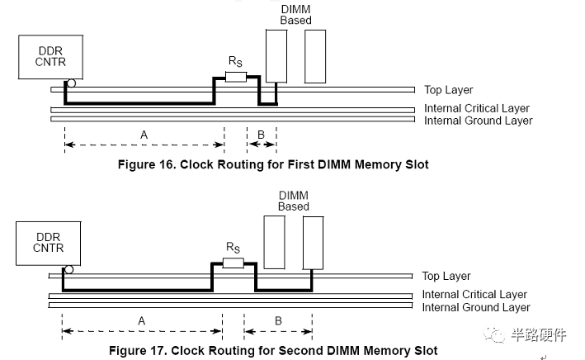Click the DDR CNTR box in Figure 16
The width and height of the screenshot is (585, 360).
click(x=50, y=56)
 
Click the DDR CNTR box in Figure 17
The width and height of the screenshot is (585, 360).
click(x=49, y=242)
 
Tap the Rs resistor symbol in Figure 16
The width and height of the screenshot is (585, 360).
click(x=236, y=77)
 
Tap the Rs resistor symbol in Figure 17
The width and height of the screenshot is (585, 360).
click(x=233, y=263)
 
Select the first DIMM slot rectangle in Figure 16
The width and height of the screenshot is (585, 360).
click(x=276, y=55)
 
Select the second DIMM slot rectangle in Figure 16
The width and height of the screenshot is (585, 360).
click(x=315, y=55)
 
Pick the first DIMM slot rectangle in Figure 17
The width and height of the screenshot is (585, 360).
click(x=275, y=241)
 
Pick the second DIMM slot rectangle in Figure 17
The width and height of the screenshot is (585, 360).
click(x=314, y=241)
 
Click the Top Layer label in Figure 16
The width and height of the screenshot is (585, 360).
click(x=448, y=90)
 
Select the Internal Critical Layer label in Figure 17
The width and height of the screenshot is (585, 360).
click(x=474, y=294)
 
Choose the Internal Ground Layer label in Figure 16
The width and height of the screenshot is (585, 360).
click(x=478, y=121)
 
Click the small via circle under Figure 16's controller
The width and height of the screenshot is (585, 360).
click(x=72, y=83)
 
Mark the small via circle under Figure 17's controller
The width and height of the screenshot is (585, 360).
click(x=69, y=269)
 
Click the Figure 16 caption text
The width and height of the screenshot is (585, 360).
click(x=273, y=164)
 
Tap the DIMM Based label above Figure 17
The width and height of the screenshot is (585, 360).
click(x=293, y=201)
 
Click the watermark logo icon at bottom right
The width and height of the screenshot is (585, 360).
click(x=501, y=335)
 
